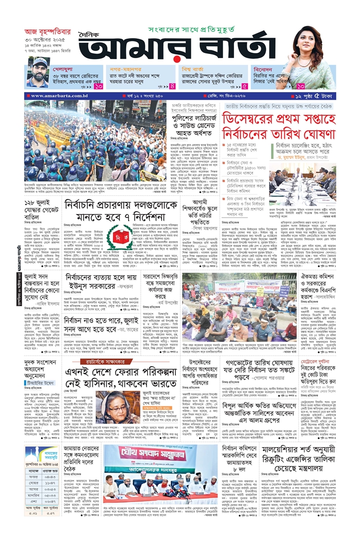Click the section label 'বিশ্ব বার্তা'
(195, 68)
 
